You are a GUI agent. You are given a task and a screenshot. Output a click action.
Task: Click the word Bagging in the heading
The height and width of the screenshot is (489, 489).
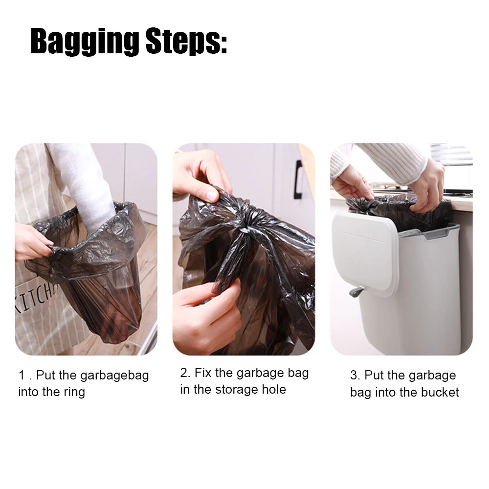[x=85, y=42]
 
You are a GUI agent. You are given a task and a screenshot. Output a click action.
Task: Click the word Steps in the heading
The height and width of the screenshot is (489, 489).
[x=186, y=42]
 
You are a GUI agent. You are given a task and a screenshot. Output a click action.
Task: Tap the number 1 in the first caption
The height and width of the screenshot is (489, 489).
[x=22, y=375]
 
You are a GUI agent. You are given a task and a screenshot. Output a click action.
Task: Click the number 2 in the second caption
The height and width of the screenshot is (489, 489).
[x=184, y=373]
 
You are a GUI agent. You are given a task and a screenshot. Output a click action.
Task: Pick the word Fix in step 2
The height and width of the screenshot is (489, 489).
[x=203, y=373]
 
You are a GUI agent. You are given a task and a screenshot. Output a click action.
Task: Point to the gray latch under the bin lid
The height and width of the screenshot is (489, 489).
[x=356, y=291]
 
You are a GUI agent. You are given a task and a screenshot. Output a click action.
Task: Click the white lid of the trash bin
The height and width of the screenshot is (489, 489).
[x=365, y=253]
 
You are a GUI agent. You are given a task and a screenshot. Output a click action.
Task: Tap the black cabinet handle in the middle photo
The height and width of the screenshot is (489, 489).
[x=298, y=179]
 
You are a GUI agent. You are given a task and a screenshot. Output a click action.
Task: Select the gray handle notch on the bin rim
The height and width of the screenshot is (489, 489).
[x=436, y=234]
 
